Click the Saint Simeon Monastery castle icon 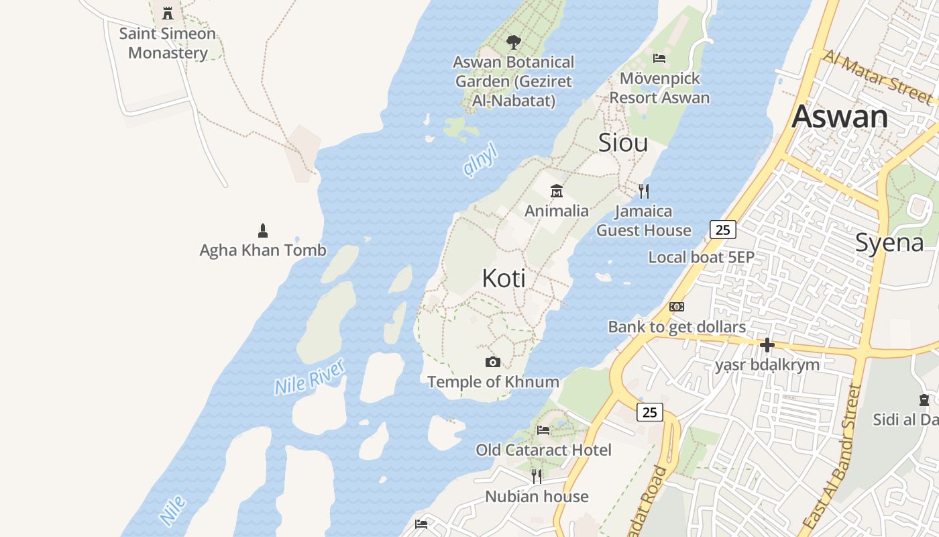[x=168, y=13]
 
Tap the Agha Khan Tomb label [x=263, y=250]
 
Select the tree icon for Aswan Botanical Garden [x=513, y=42]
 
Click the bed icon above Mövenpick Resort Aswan [x=659, y=58]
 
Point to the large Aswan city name [x=840, y=116]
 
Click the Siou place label [x=622, y=142]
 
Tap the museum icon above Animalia [x=556, y=191]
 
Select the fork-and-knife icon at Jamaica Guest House [x=644, y=191]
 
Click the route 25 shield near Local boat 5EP [x=722, y=230]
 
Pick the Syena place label [x=889, y=242]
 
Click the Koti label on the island [x=503, y=278]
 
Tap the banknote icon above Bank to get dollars [x=677, y=307]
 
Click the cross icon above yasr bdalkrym [x=767, y=345]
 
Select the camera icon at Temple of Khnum [x=493, y=362]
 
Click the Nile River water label [x=310, y=377]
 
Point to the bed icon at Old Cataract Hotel [x=543, y=430]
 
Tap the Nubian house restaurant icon [x=537, y=477]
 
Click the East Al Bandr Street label [x=831, y=456]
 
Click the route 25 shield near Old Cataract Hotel [x=649, y=412]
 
